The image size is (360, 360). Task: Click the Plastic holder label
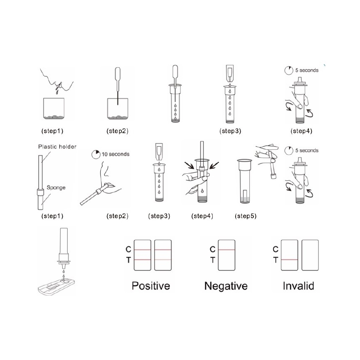[x=57, y=147]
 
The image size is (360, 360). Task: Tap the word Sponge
[x=56, y=188]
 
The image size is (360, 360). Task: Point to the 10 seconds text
[x=115, y=154]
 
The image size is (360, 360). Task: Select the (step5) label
[x=246, y=216]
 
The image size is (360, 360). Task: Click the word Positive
[x=151, y=286]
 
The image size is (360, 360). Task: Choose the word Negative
[x=226, y=286]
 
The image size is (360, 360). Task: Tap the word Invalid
[x=299, y=286]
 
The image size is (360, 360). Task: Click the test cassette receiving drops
[x=56, y=286]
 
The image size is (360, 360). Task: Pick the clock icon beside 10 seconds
[x=96, y=155]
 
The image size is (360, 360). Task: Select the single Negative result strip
[x=226, y=255]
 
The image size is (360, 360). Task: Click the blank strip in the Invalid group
[x=310, y=255]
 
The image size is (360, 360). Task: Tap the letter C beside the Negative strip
[x=213, y=249]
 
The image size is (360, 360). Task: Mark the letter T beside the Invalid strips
[x=275, y=260]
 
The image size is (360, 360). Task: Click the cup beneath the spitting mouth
[x=54, y=109]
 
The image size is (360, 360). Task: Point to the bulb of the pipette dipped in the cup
[x=117, y=74]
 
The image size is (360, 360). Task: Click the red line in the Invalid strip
[x=289, y=260]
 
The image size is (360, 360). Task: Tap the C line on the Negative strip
[x=226, y=250]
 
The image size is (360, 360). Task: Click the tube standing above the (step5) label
[x=245, y=181]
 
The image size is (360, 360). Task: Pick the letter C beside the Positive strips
[x=128, y=249]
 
